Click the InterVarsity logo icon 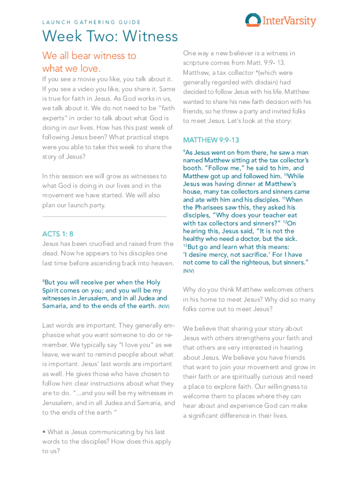click(x=253, y=20)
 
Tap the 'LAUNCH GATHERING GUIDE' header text click(x=92, y=22)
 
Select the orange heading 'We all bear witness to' click(x=89, y=56)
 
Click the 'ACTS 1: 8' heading click(x=58, y=234)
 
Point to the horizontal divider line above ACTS click(x=104, y=217)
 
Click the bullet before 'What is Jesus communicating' click(x=44, y=432)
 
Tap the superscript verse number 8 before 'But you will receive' click(x=43, y=281)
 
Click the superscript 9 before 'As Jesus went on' click(x=184, y=151)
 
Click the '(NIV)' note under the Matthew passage click(x=188, y=271)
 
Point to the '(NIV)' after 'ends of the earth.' click(x=164, y=307)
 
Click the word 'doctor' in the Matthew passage click(x=248, y=239)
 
